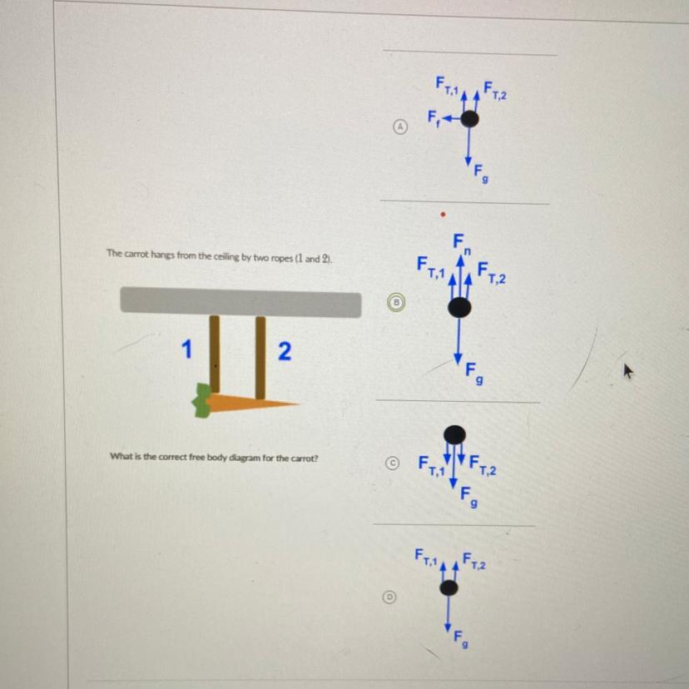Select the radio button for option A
coord(399,126)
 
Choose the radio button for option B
coord(396,302)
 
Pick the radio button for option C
coord(394,463)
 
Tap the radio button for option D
coord(389,597)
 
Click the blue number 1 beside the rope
coord(186,349)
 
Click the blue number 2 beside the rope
coord(285,351)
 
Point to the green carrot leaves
coord(201,400)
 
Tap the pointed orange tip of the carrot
coord(298,404)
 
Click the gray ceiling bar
coord(240,302)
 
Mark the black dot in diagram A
coord(469,119)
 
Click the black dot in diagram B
coord(459,307)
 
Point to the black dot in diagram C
coord(454,434)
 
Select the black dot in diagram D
coord(449,587)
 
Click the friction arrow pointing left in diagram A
coord(451,119)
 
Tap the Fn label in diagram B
coord(463,245)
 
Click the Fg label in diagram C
coord(468,497)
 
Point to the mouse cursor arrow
coord(629,372)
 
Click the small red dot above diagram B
coord(444,215)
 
